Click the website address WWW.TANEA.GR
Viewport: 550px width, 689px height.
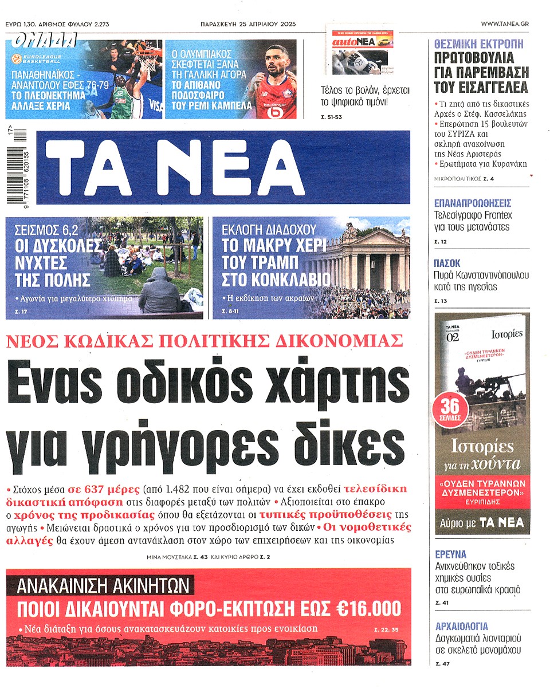pyautogui.click(x=505, y=23)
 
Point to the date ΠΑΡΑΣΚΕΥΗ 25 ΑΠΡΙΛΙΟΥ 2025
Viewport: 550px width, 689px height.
pyautogui.click(x=249, y=24)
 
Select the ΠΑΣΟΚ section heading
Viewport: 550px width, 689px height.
pyautogui.click(x=447, y=263)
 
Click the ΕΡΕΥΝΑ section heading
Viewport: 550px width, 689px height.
pyautogui.click(x=450, y=554)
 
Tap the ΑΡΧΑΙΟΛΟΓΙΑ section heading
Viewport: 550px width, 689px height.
pyautogui.click(x=462, y=625)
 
